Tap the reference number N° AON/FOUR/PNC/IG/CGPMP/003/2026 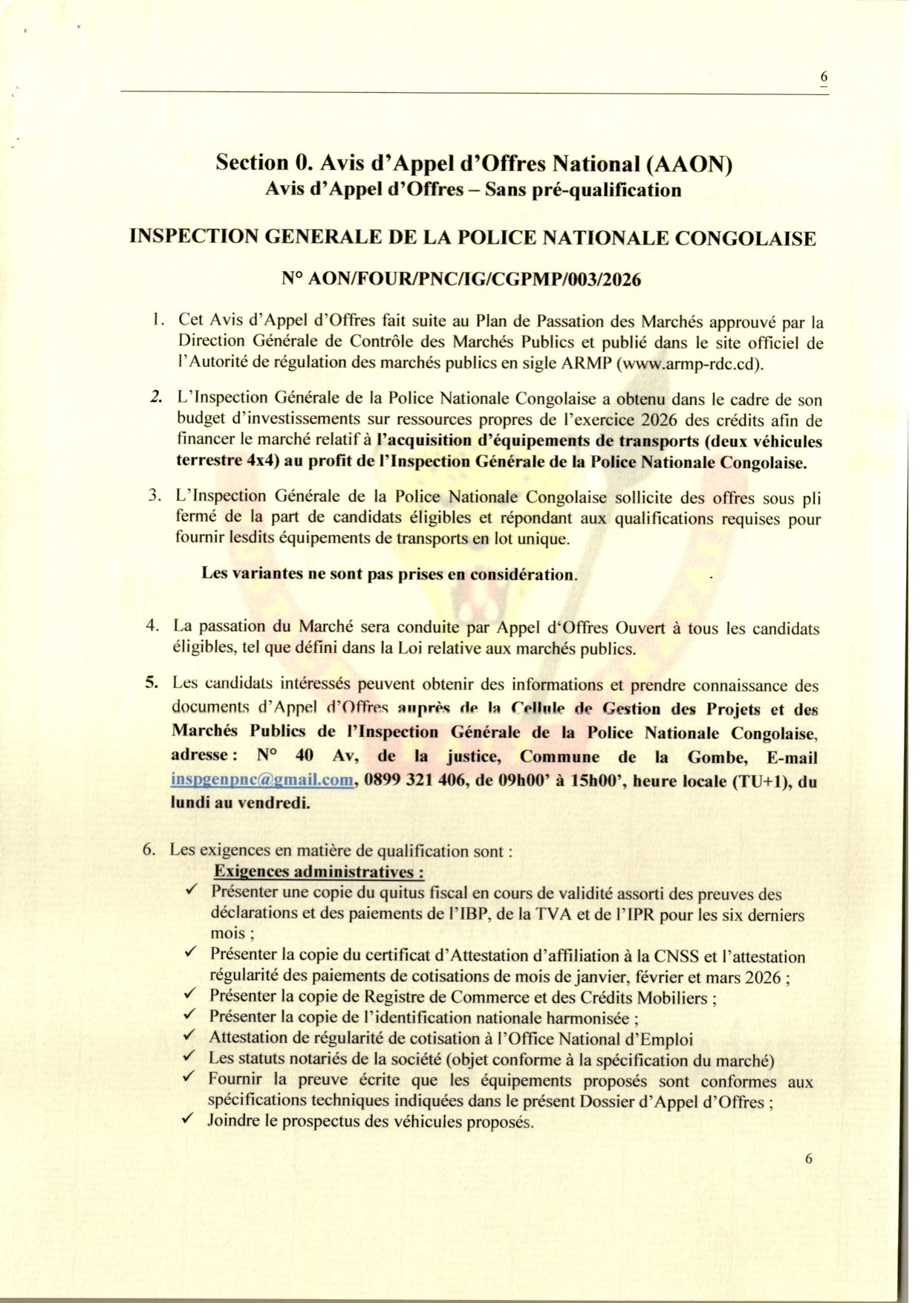coord(461,279)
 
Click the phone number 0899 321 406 coord(413,781)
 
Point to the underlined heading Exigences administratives coord(319,871)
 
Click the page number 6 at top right coord(824,77)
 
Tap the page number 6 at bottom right coord(809,1158)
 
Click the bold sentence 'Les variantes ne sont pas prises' coord(388,574)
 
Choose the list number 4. coord(153,625)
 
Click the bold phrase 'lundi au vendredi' coord(241,802)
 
